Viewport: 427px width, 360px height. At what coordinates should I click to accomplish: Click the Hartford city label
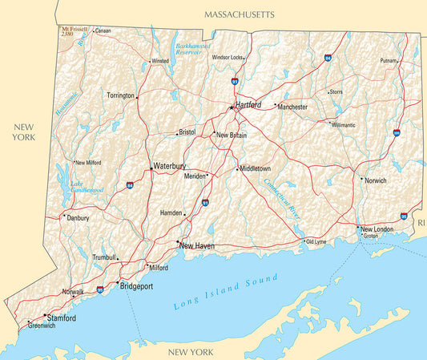click(x=248, y=105)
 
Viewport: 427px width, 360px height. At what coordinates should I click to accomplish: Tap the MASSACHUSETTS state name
click(x=239, y=14)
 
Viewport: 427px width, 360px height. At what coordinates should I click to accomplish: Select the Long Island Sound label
click(x=226, y=293)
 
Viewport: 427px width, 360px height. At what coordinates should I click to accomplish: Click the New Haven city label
click(x=197, y=245)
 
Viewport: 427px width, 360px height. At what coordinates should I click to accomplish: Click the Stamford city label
click(x=62, y=318)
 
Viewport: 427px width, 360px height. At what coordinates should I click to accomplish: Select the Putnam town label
click(x=389, y=61)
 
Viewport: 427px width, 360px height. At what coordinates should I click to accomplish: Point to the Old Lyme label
click(x=316, y=241)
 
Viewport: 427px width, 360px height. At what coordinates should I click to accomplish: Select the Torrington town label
click(x=120, y=95)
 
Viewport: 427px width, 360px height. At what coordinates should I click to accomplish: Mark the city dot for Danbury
click(x=64, y=216)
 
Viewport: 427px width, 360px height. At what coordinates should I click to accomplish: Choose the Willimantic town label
click(x=343, y=125)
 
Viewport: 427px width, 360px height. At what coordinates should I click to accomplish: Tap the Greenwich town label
click(x=42, y=326)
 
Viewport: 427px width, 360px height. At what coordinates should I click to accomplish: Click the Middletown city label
click(x=256, y=169)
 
